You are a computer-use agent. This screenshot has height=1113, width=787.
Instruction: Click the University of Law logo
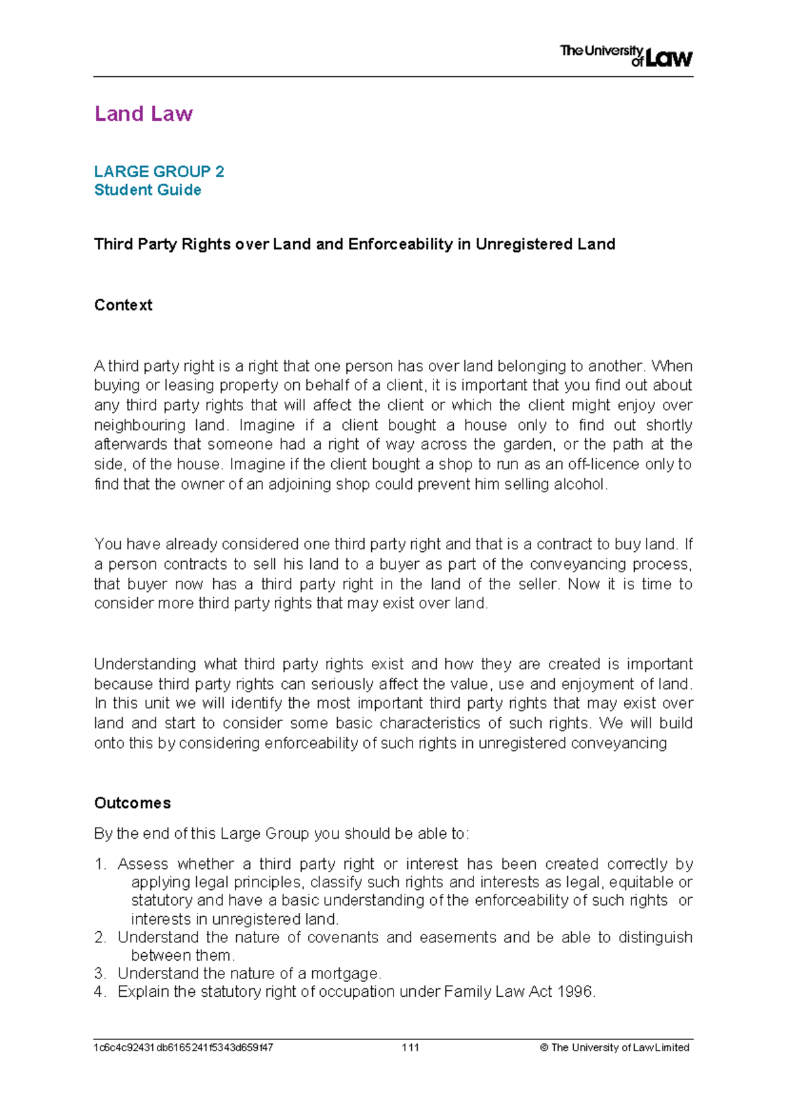(x=626, y=56)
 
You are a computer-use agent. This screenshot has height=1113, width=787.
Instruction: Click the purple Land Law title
(x=144, y=114)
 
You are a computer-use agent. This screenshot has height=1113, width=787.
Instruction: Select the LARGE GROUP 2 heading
(x=159, y=171)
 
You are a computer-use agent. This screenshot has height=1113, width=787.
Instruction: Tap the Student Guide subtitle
(x=148, y=190)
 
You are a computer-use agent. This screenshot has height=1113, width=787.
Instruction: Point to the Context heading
(x=123, y=305)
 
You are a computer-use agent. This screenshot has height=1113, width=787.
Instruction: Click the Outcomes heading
(x=132, y=803)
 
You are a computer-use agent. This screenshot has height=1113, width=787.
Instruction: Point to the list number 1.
(x=100, y=864)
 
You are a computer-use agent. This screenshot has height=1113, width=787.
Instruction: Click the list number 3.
(x=100, y=973)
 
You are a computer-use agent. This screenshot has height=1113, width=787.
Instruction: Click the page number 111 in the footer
(x=411, y=1047)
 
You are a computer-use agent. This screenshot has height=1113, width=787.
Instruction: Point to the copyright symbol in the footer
(x=544, y=1047)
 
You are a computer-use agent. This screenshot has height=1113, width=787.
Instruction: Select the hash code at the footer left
(x=184, y=1047)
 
